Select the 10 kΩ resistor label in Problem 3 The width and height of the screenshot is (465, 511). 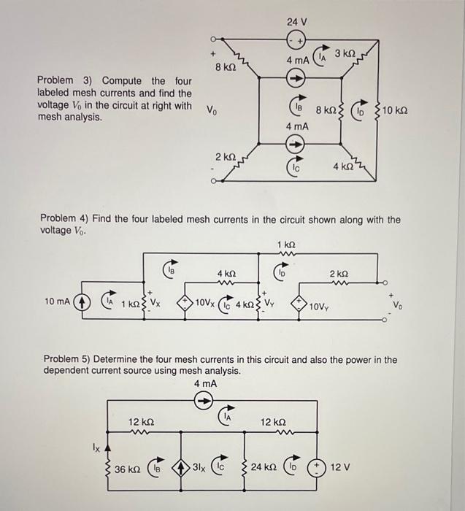point(395,110)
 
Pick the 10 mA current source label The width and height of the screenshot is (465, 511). point(58,300)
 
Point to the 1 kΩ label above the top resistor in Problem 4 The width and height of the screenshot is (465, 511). point(287,243)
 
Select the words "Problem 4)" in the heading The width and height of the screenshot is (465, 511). point(66,219)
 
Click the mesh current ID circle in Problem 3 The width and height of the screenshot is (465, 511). point(358,112)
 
